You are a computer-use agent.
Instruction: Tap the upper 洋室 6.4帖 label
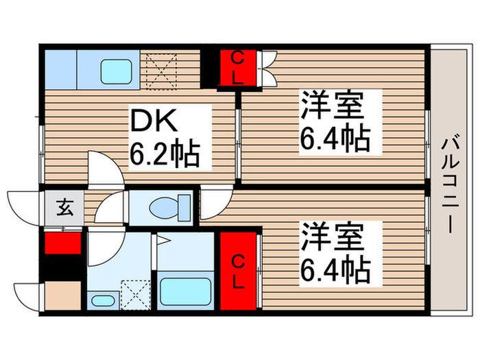pos(334,122)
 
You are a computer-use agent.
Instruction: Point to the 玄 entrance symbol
pos(62,206)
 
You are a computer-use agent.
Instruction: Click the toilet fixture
pos(168,206)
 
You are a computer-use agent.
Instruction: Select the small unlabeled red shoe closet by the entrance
pos(62,244)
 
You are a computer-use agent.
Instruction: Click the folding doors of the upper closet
pos(267,67)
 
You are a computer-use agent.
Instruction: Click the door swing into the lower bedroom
pos(214,202)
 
